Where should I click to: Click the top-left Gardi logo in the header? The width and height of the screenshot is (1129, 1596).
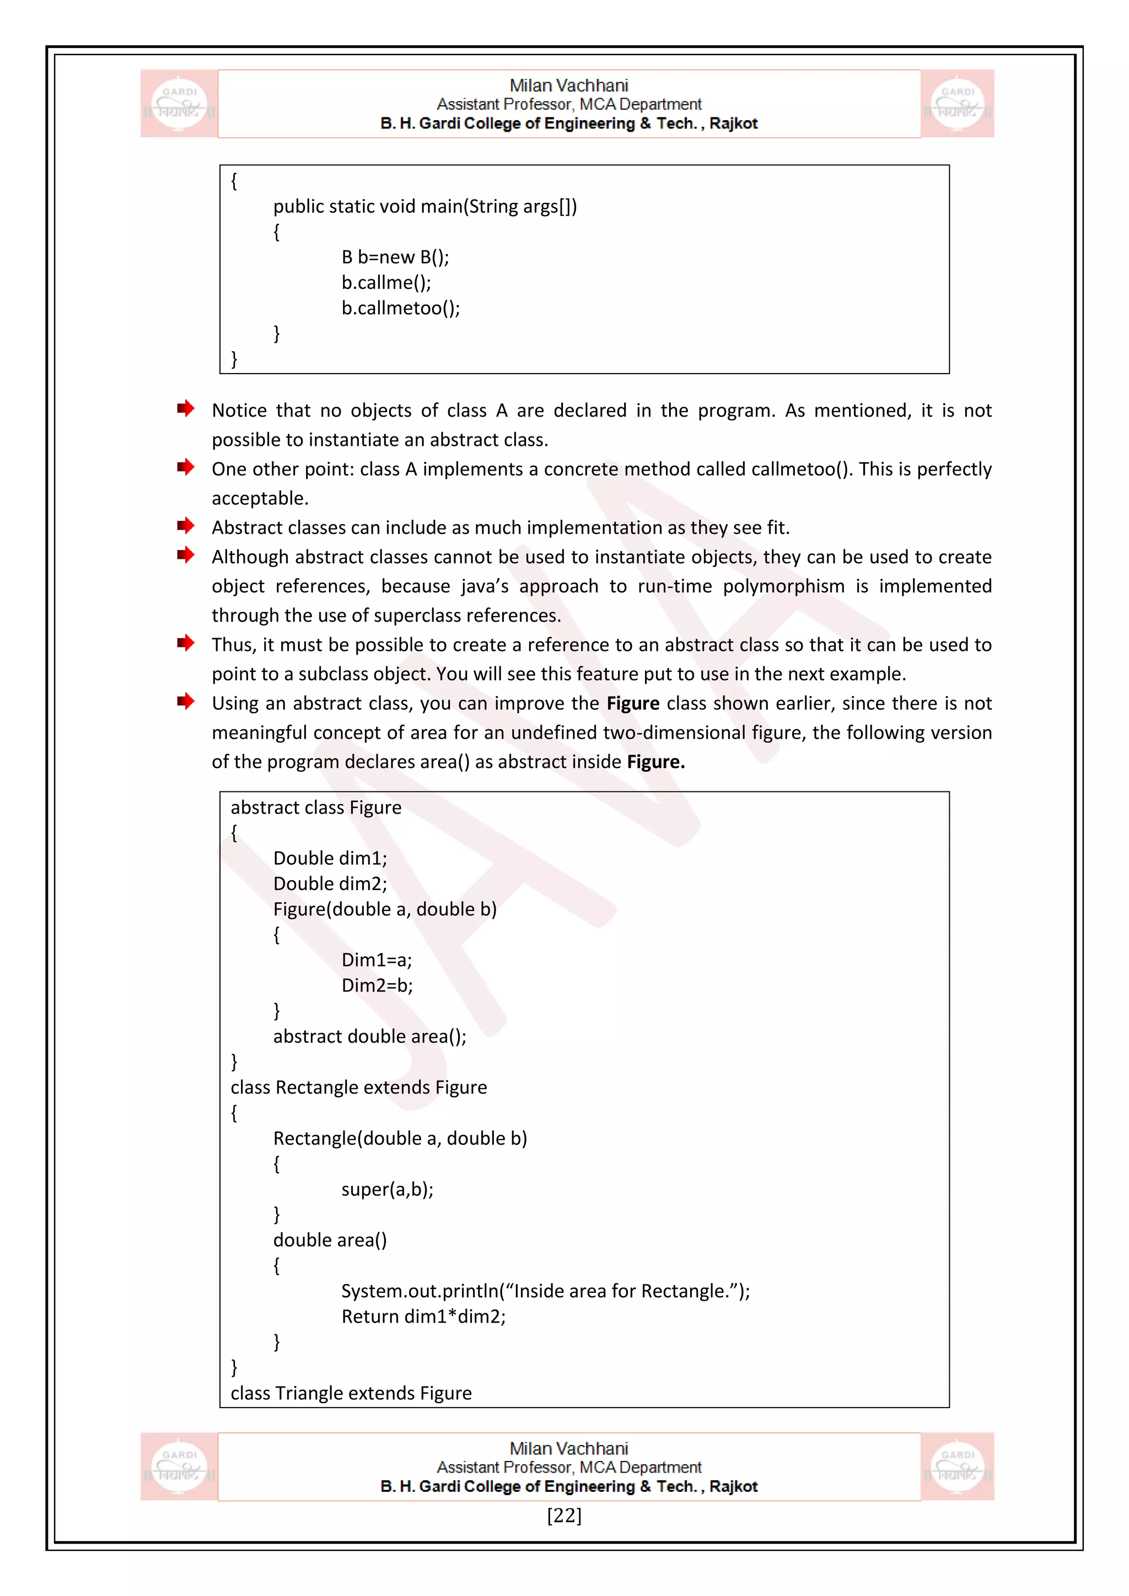tap(179, 104)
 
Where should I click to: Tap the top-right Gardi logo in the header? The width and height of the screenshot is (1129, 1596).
tap(958, 104)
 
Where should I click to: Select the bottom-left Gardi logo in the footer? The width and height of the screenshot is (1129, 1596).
tap(179, 1466)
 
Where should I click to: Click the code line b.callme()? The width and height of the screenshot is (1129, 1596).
tap(386, 282)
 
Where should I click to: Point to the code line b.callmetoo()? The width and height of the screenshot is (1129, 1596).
tap(400, 308)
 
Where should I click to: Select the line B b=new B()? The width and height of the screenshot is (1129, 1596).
tap(395, 257)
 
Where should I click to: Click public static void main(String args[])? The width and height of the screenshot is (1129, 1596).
tap(425, 207)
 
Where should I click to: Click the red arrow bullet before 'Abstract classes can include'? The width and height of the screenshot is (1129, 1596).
tap(185, 526)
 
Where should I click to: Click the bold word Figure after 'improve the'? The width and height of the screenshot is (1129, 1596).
tap(633, 703)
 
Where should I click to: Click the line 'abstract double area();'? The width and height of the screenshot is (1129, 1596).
tap(369, 1037)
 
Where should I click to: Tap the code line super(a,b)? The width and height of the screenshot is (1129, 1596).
tap(387, 1189)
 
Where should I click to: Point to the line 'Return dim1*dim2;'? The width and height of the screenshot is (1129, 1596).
tap(423, 1317)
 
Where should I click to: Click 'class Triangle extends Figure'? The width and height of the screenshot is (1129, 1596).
tap(351, 1393)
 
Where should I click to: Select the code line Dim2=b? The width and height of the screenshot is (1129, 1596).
tap(377, 986)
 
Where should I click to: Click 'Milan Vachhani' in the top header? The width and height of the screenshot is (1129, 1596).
tap(569, 85)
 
